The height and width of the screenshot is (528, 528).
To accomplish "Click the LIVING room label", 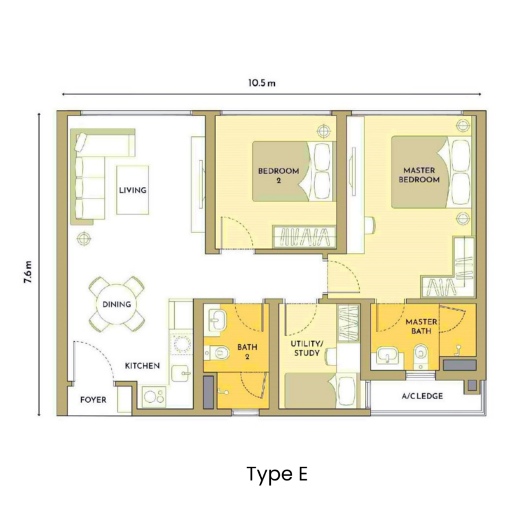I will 133,190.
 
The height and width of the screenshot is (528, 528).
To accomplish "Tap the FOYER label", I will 93,399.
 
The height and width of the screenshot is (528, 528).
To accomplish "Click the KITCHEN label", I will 142,366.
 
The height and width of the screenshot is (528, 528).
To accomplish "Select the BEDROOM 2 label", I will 279,175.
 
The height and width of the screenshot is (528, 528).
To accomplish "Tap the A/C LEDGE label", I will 421,397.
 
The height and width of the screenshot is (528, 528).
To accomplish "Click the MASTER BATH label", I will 421,327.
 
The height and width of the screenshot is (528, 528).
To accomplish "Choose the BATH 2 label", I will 247,351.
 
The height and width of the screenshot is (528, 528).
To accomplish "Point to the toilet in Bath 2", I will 219,353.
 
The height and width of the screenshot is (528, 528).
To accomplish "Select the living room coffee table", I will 132,190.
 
